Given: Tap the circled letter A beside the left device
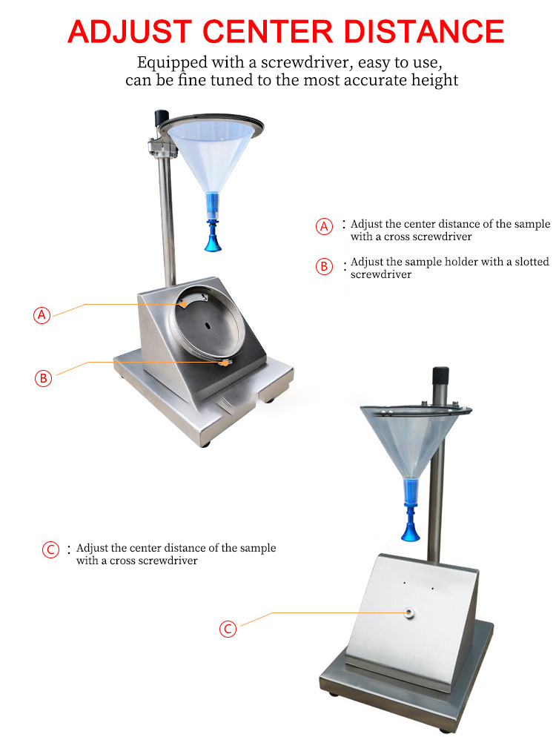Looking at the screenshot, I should tap(43, 314).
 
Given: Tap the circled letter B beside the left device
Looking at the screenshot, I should tap(43, 377).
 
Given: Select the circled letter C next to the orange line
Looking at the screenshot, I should tap(228, 629).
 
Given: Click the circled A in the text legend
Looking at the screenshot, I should tap(325, 227).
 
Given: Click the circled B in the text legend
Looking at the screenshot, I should tap(325, 267).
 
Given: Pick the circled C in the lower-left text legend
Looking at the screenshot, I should tap(50, 550).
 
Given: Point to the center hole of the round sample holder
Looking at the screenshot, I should tap(208, 325).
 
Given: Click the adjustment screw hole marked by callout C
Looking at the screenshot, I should tap(408, 612).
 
